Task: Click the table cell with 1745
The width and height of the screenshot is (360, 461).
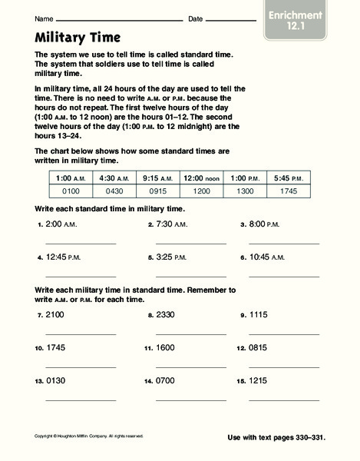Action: [289, 190]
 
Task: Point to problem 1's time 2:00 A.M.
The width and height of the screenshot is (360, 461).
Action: [64, 225]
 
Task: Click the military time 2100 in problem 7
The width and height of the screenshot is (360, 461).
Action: [56, 315]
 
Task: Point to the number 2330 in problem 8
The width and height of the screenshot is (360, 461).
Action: [166, 315]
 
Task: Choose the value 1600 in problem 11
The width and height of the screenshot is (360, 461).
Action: [166, 347]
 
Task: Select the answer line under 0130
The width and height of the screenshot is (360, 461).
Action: [81, 399]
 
